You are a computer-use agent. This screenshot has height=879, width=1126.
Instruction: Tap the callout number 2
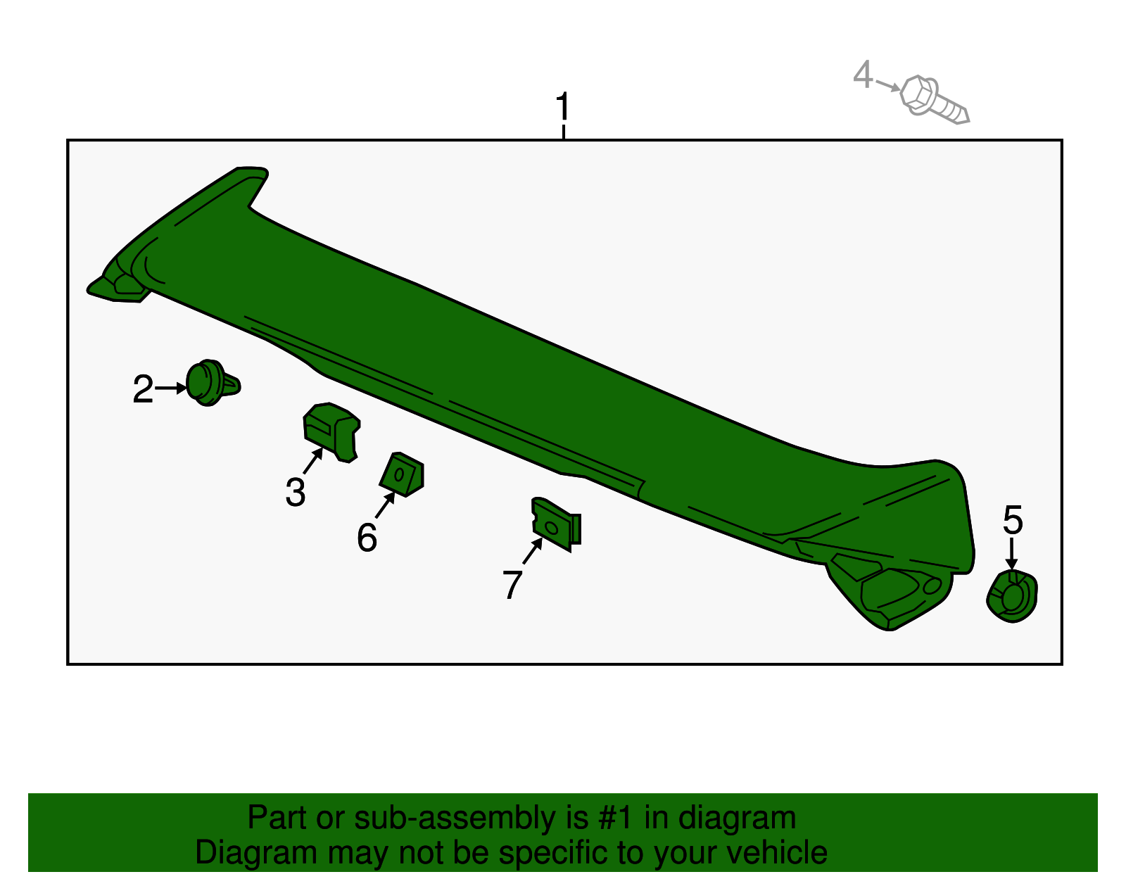(143, 388)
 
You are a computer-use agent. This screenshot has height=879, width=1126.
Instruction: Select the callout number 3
(296, 492)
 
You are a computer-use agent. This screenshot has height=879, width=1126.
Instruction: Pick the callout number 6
(367, 537)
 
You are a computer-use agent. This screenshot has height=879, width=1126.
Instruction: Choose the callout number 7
(512, 584)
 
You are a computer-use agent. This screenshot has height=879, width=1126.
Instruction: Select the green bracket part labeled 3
(331, 432)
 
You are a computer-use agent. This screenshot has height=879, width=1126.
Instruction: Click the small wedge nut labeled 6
(402, 474)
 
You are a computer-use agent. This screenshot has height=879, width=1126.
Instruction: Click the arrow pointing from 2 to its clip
(170, 388)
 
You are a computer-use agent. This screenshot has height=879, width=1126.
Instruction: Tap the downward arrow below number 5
(1011, 554)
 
